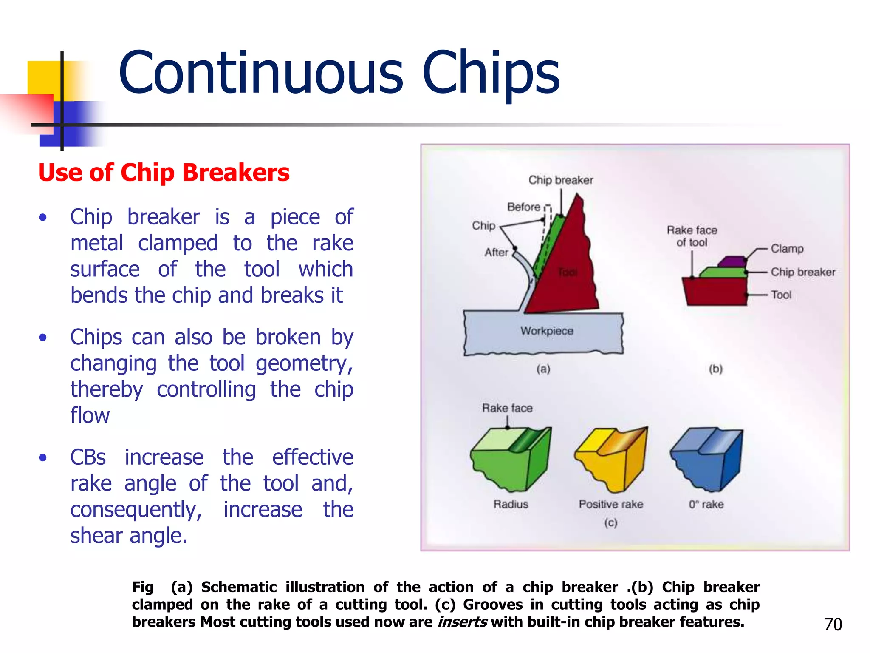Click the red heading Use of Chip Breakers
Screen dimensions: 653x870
click(x=164, y=173)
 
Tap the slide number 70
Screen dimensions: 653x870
click(x=833, y=624)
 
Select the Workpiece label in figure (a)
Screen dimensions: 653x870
click(x=547, y=331)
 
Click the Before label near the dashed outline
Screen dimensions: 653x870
click(x=523, y=207)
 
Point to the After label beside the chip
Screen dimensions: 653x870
click(x=496, y=252)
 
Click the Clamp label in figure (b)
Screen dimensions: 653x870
click(x=787, y=248)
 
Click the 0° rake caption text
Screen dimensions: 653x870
click(x=706, y=504)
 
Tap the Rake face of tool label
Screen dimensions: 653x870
click(x=692, y=236)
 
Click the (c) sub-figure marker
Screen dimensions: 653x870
click(x=610, y=522)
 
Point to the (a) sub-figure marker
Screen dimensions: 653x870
click(x=543, y=369)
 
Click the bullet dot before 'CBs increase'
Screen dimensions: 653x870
click(x=42, y=458)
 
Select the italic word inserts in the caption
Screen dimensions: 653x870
click(x=462, y=622)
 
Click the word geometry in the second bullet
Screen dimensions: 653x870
click(x=304, y=363)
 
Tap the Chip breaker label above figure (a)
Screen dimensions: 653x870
click(x=560, y=180)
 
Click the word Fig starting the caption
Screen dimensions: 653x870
click(x=142, y=587)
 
